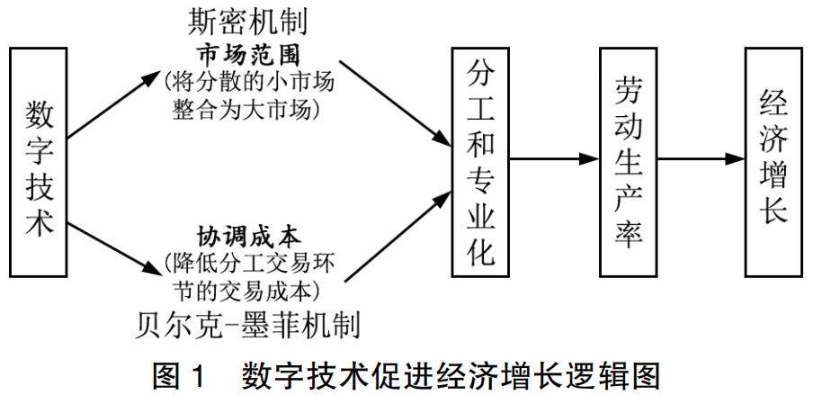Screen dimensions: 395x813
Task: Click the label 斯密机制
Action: pos(246,20)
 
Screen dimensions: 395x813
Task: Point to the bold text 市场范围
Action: pos(246,53)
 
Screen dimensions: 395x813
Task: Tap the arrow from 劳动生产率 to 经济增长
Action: pos(702,159)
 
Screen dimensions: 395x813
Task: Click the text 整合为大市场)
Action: pos(246,109)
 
